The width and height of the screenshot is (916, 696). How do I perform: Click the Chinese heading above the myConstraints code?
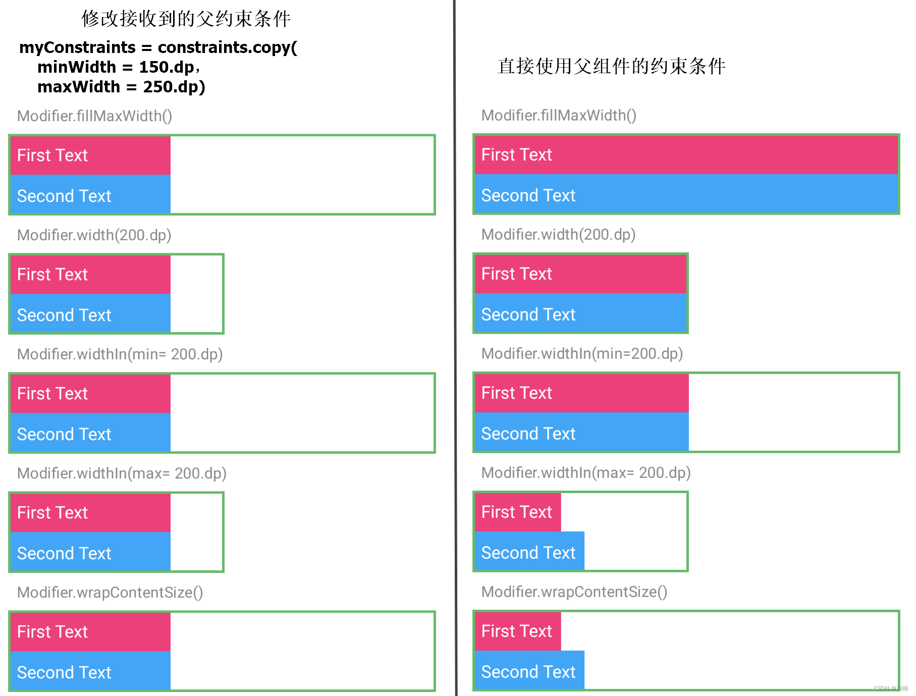coord(186,19)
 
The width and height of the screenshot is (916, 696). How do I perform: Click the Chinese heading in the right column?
coord(611,66)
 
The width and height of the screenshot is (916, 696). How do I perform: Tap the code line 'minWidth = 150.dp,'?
coord(119,67)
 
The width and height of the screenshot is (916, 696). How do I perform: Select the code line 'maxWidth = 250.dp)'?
coord(121,87)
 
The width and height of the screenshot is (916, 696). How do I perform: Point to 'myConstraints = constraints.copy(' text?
coord(158,47)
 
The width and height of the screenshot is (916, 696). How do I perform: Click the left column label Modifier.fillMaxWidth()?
coord(94,116)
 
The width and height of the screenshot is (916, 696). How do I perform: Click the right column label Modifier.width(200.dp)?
coord(558,235)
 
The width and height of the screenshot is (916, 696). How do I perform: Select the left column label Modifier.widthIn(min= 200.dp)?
coord(120,354)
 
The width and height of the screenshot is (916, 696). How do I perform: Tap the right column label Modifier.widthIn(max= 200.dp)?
coord(585,473)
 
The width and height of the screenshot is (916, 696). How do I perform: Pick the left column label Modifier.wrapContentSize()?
coord(110,593)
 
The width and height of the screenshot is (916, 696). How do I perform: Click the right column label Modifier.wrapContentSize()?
coord(574,592)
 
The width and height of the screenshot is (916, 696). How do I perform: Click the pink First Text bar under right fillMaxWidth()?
coord(686,155)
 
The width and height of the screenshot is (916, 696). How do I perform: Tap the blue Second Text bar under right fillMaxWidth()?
coord(686,195)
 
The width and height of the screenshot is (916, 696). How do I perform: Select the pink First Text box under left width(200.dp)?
coord(91,275)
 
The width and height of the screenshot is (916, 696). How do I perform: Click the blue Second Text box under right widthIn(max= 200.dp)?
coord(529,552)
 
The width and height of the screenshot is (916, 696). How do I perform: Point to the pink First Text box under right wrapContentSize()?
coord(518,631)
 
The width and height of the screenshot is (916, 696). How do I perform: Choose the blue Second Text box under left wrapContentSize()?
coord(91,672)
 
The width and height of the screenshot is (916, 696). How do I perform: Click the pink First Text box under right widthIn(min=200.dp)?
coord(581,393)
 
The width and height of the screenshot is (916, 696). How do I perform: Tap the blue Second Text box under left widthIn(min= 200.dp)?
coord(91,434)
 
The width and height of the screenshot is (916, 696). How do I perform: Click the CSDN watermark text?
coord(890,688)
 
